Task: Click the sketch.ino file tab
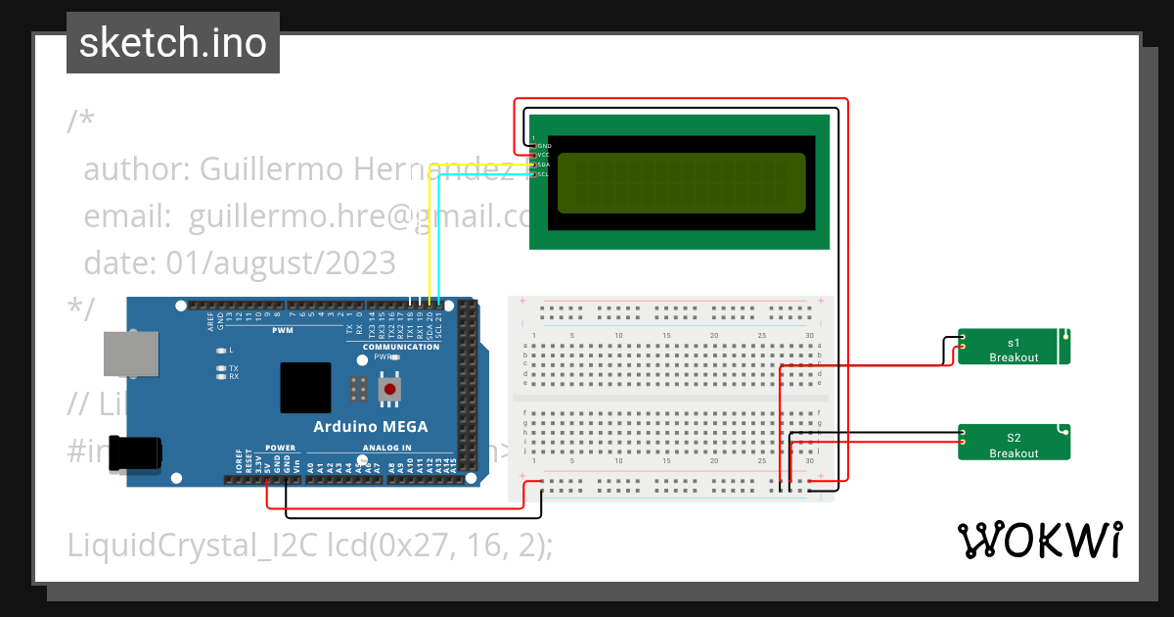tap(173, 43)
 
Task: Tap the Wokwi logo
tap(1039, 540)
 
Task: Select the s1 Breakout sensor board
tap(1013, 349)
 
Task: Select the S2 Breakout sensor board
tap(1013, 443)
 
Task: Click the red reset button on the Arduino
tap(390, 390)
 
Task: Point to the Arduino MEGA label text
tap(370, 426)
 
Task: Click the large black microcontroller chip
tap(305, 388)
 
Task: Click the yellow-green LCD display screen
tap(681, 183)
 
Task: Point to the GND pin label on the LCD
tap(544, 145)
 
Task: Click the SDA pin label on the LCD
tap(544, 165)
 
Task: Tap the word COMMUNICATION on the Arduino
tap(401, 347)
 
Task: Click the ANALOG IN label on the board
tap(387, 448)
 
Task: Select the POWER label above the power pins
tap(280, 448)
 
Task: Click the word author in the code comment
tap(129, 169)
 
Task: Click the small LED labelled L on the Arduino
tap(222, 350)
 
